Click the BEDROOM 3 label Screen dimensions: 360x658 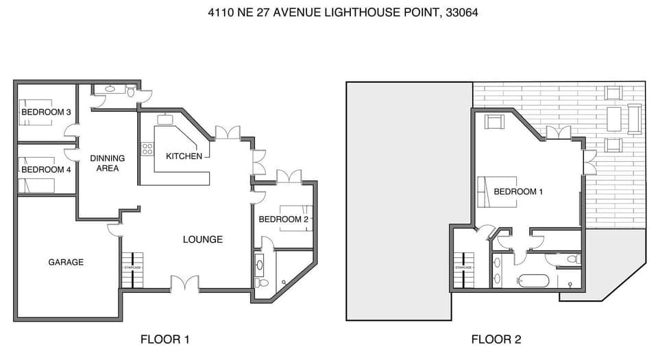click(46, 112)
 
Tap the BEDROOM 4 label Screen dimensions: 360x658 click(46, 169)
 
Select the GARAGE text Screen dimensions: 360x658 click(66, 262)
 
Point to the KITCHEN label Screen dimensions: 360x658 click(184, 156)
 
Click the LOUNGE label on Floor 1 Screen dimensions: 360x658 click(202, 239)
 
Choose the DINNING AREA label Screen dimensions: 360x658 click(108, 163)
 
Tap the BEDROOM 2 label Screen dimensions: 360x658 click(282, 219)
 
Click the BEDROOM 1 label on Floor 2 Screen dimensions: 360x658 click(518, 192)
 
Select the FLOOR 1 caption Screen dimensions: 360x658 click(164, 339)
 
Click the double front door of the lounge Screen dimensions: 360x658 click(184, 284)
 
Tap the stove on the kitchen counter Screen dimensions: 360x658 click(147, 148)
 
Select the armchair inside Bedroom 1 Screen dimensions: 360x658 click(494, 122)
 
